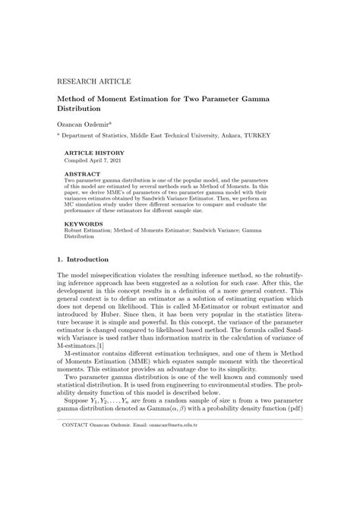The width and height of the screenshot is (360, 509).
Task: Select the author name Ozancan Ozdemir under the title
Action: (84, 122)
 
